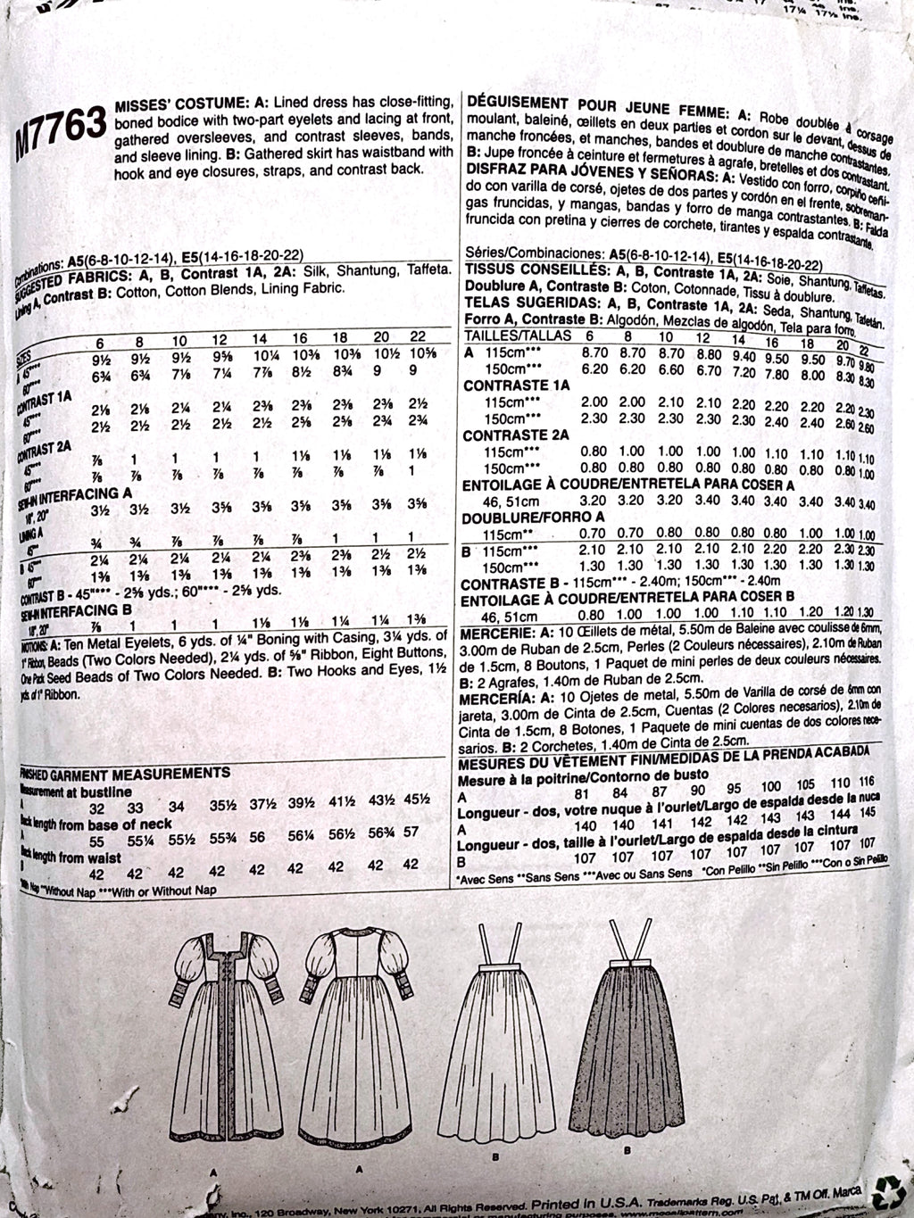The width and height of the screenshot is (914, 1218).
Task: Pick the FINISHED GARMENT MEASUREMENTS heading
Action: tap(125, 773)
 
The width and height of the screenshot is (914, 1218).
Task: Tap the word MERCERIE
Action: tap(491, 631)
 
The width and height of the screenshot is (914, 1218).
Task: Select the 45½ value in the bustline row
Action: tap(411, 808)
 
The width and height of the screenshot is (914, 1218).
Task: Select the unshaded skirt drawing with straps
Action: tap(500, 1026)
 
